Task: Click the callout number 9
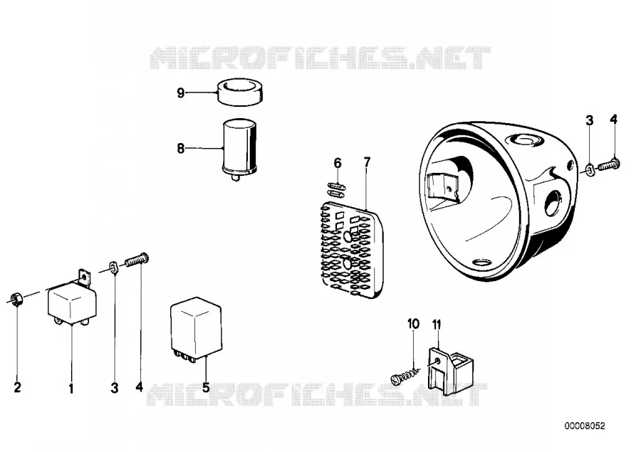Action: coord(180,93)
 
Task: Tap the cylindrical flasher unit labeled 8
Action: coord(239,149)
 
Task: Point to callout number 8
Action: coord(180,148)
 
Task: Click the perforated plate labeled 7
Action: coord(353,250)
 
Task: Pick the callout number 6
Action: coord(338,163)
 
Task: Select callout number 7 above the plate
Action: coord(367,162)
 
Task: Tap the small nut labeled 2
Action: coord(16,300)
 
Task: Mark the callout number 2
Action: coord(17,387)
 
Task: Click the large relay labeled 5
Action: coord(197,329)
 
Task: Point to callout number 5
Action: coord(206,387)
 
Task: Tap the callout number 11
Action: coord(437,325)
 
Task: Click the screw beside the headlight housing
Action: coord(609,165)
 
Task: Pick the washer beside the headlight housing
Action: coord(590,169)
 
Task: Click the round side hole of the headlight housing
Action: coord(553,203)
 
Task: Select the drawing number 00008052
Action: coord(585,426)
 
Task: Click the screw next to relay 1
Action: coord(137,260)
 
